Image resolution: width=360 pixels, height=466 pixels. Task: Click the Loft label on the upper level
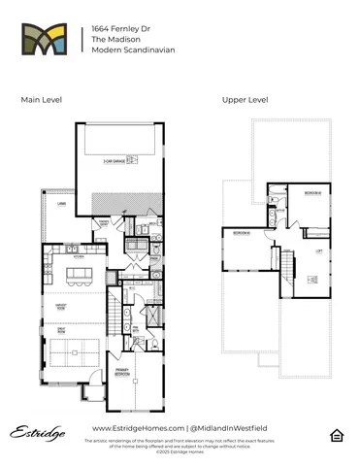click(317, 250)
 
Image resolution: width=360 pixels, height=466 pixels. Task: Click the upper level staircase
click(287, 262)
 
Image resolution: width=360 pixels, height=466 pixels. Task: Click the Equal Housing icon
click(336, 434)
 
